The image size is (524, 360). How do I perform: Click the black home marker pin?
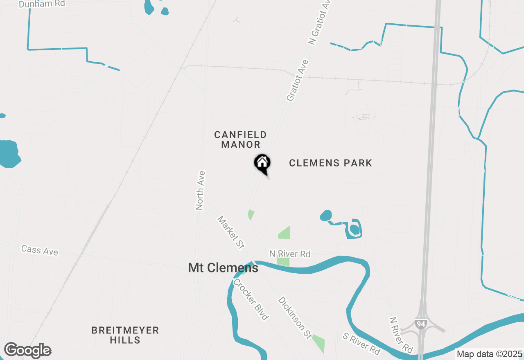(262, 164)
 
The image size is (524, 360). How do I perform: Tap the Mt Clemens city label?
(223, 268)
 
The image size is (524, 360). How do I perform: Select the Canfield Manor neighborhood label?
(241, 139)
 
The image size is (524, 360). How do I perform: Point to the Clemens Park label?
(330, 163)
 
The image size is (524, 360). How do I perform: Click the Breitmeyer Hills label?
(125, 335)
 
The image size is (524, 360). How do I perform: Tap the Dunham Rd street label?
(42, 4)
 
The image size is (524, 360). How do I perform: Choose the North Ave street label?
(200, 190)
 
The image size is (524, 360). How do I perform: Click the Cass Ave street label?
(40, 250)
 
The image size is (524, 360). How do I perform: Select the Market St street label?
(231, 232)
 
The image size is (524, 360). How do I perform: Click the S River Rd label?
(361, 343)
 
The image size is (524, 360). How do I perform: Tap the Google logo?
(27, 351)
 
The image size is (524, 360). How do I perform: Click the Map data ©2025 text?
(489, 354)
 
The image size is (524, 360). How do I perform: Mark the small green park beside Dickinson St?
(319, 343)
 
